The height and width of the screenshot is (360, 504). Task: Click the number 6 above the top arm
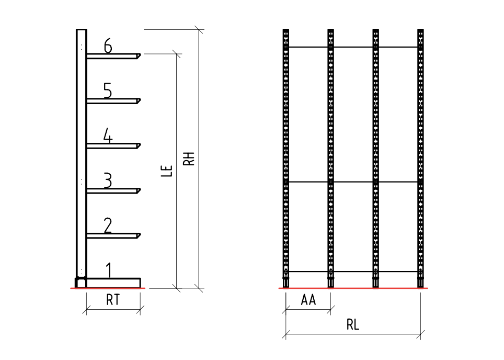click(108, 46)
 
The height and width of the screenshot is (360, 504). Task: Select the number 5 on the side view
click(108, 91)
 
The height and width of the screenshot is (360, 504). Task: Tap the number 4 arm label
click(108, 136)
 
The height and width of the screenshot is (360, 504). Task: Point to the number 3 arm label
click(108, 181)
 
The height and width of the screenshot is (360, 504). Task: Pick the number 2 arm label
click(108, 226)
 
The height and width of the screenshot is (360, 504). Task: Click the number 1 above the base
click(109, 270)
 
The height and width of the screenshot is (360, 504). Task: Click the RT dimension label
click(113, 300)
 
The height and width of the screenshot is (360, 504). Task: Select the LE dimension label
click(167, 171)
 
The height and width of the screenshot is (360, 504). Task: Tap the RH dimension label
click(189, 159)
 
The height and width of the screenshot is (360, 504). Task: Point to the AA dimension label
click(308, 300)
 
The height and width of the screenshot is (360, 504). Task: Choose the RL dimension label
click(352, 324)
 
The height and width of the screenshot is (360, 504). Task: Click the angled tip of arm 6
click(139, 56)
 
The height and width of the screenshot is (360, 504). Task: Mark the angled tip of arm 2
click(139, 236)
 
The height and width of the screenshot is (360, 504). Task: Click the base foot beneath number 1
click(113, 283)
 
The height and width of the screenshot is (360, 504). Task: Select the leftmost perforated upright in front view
click(286, 158)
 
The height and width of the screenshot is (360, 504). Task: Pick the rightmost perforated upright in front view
click(420, 158)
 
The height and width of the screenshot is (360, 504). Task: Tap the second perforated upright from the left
click(331, 158)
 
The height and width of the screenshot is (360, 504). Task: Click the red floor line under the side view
click(108, 288)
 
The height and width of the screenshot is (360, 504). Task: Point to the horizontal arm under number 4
click(113, 146)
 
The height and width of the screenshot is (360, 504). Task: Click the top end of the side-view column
click(82, 30)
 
